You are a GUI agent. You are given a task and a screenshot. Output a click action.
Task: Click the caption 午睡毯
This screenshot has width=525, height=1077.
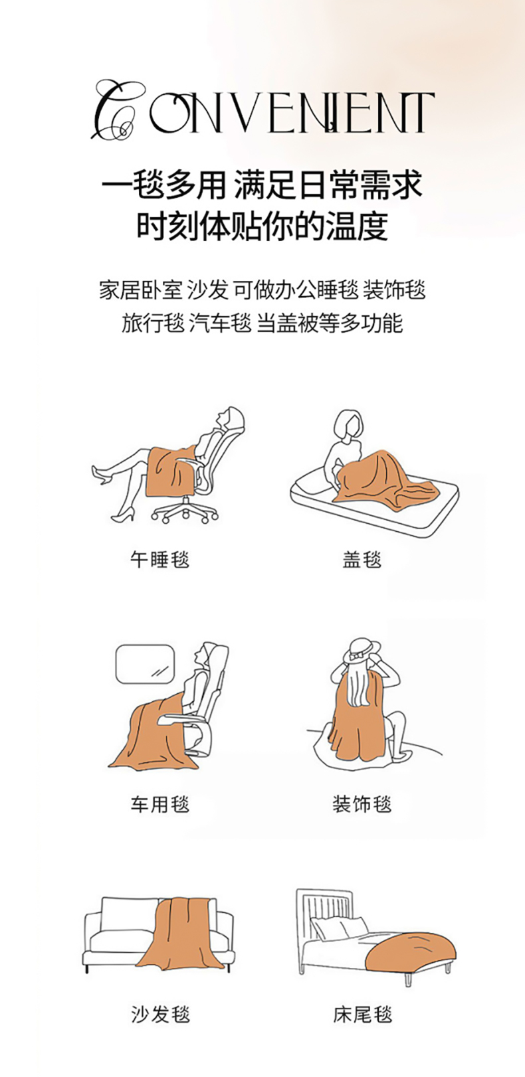pos(159,559)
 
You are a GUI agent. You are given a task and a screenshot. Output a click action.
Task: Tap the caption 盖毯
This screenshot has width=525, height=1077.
pos(362,559)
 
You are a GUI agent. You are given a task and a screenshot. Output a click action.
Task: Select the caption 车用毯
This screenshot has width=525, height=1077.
pos(159,804)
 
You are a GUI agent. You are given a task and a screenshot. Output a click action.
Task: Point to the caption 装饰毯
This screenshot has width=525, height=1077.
pos(362,804)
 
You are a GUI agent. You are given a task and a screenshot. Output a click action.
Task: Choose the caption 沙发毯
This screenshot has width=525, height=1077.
pos(159,1015)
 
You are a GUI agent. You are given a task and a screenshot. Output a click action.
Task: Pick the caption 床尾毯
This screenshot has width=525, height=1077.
pos(362,1015)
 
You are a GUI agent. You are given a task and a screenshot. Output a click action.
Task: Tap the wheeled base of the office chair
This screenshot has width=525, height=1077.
pos(185,512)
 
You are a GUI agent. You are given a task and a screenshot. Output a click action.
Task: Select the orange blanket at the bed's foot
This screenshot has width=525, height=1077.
pos(411,950)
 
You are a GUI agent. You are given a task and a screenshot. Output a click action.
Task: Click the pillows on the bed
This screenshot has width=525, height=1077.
pos(339,926)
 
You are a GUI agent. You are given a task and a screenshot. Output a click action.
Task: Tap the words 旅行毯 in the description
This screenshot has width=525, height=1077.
pos(153,323)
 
